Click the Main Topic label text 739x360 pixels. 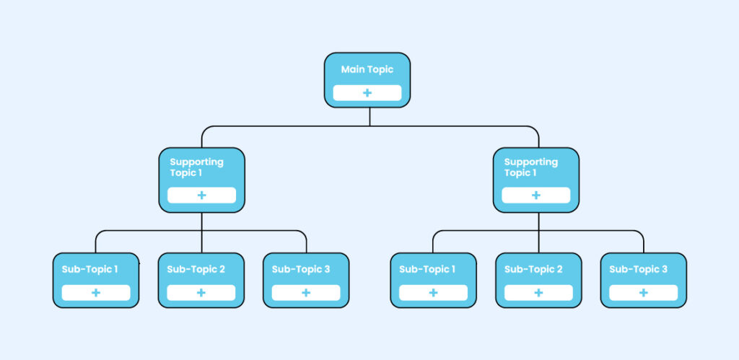pyautogui.click(x=367, y=70)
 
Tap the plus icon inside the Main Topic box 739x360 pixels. pyautogui.click(x=367, y=93)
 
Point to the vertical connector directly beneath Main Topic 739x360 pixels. pyautogui.click(x=369, y=117)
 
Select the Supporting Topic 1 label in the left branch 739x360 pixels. pyautogui.click(x=196, y=167)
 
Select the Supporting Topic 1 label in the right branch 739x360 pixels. pyautogui.click(x=530, y=167)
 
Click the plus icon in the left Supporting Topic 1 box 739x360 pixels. pyautogui.click(x=201, y=196)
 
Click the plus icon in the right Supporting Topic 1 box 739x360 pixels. pyautogui.click(x=535, y=196)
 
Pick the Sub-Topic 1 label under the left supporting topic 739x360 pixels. pyautogui.click(x=89, y=269)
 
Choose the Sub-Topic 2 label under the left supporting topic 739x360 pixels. pyautogui.click(x=196, y=269)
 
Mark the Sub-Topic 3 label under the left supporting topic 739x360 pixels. pyautogui.click(x=301, y=269)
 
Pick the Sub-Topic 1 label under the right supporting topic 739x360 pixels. pyautogui.click(x=427, y=269)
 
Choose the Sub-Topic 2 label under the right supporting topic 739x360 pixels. pyautogui.click(x=533, y=269)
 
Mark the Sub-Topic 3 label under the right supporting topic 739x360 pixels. pyautogui.click(x=638, y=269)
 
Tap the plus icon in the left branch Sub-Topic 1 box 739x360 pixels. pyautogui.click(x=96, y=293)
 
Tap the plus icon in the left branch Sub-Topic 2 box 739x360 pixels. pyautogui.click(x=201, y=293)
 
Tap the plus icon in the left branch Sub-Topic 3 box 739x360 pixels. pyautogui.click(x=306, y=293)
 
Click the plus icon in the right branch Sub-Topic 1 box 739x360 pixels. pyautogui.click(x=433, y=293)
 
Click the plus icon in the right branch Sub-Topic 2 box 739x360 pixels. pyautogui.click(x=538, y=293)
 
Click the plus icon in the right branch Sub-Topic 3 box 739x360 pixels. pyautogui.click(x=643, y=293)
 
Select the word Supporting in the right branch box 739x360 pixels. pyautogui.click(x=530, y=162)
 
